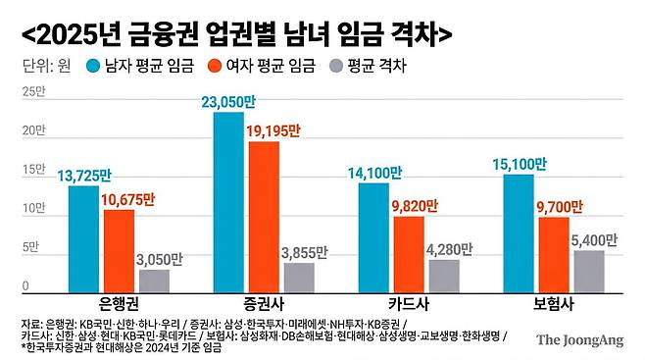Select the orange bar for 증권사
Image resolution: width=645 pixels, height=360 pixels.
click(x=264, y=217)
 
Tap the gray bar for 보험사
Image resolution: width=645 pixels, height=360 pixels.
click(x=588, y=271)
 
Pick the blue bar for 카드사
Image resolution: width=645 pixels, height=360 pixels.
click(x=373, y=236)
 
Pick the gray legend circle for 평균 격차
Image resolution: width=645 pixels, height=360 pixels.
click(x=335, y=67)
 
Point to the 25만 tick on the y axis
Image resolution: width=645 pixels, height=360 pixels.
click(x=33, y=91)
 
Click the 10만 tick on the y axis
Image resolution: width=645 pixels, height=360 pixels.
click(x=33, y=208)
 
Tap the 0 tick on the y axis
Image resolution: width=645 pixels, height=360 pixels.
click(x=26, y=286)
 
